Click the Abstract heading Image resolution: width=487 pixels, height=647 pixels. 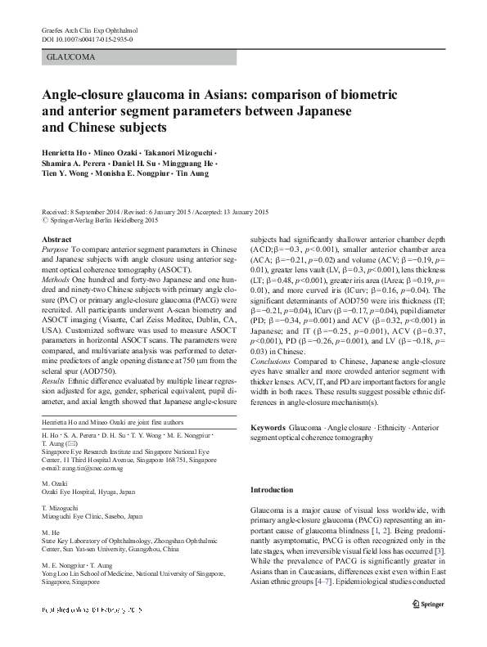coord(56,238)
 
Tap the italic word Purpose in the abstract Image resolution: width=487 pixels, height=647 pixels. coord(55,247)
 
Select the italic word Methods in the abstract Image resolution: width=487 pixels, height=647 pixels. coord(56,275)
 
